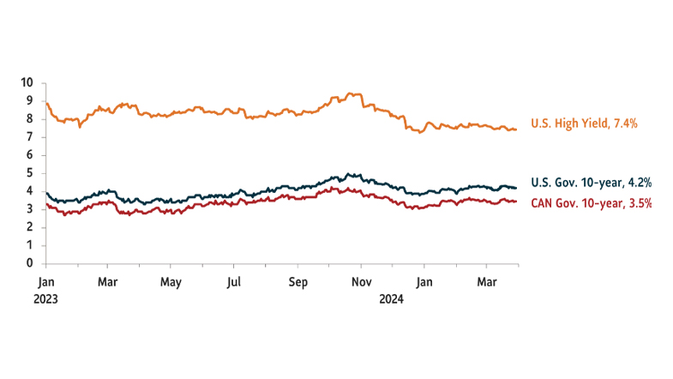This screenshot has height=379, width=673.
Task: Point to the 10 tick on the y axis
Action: (x=27, y=82)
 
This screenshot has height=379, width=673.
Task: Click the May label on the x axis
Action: (x=171, y=281)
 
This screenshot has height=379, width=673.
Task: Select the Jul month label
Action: (x=234, y=281)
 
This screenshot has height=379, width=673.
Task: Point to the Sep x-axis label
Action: (x=297, y=281)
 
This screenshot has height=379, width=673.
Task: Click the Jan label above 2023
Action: (x=47, y=281)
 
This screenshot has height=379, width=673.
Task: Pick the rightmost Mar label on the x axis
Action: (x=487, y=281)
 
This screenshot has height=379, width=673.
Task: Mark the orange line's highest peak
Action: (x=348, y=93)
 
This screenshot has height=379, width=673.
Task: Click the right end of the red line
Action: (x=516, y=202)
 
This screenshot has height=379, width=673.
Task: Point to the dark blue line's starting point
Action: (x=46, y=193)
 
